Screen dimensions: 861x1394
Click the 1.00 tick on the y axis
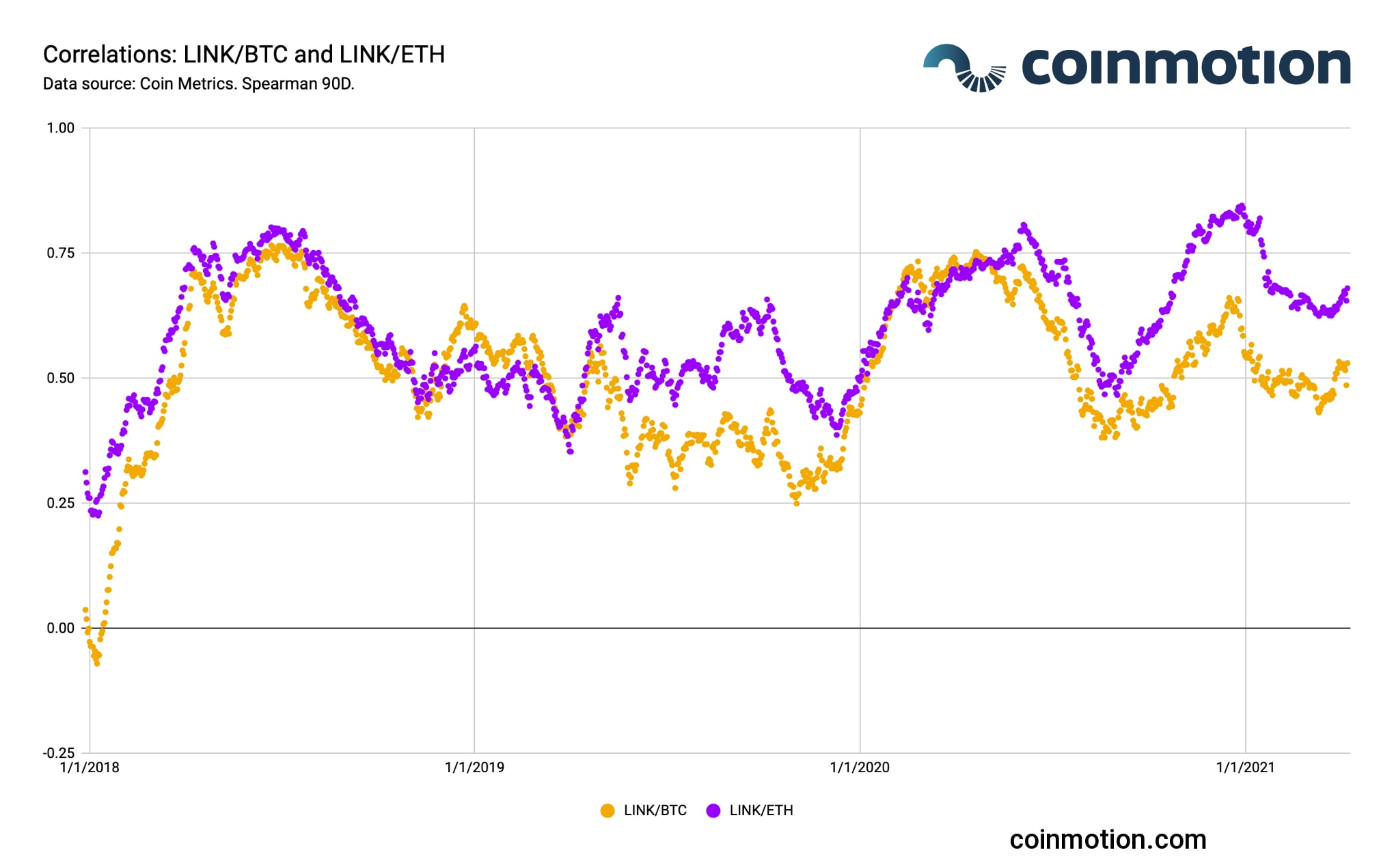click(x=60, y=128)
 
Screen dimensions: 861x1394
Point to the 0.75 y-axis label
click(x=60, y=254)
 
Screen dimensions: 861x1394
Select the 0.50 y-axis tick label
click(x=60, y=379)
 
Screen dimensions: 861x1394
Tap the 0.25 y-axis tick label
click(x=60, y=504)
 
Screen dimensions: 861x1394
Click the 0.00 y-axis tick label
click(x=60, y=629)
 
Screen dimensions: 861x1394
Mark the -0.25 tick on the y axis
click(x=59, y=754)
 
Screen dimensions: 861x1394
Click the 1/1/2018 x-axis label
click(x=90, y=768)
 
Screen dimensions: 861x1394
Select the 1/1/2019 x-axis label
click(x=474, y=768)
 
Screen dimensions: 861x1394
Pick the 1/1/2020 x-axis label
click(x=860, y=768)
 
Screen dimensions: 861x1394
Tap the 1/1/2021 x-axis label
click(x=1245, y=768)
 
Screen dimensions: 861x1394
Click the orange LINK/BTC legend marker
click(x=607, y=811)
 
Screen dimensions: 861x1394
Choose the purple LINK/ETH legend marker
click(x=713, y=811)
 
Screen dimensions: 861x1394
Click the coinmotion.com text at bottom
click(x=1108, y=840)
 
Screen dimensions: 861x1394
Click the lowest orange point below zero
click(x=97, y=663)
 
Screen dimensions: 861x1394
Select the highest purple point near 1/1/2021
click(x=1242, y=206)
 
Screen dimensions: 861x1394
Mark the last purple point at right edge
click(x=1348, y=288)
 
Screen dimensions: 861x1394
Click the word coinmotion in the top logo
click(x=1186, y=66)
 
